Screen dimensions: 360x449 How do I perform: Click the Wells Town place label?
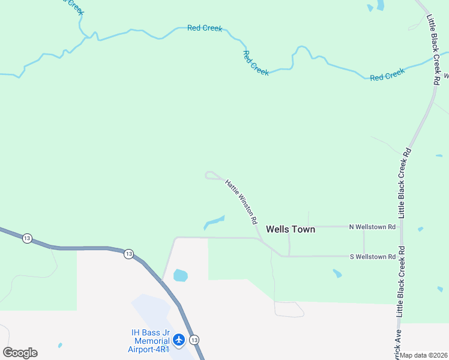290,229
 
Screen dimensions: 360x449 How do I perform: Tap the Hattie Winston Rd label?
241,201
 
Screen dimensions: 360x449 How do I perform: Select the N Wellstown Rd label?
372,227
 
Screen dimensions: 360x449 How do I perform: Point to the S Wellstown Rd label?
372,257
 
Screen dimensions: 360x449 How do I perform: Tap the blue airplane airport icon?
179,340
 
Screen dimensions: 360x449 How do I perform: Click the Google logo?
20,353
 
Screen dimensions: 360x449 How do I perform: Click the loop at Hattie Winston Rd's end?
211,175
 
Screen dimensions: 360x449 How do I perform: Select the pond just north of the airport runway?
180,275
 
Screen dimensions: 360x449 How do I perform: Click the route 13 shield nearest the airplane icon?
194,340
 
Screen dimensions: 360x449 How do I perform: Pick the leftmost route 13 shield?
27,239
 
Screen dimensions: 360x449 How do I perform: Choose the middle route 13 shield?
128,254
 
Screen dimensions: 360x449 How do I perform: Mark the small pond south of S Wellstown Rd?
337,274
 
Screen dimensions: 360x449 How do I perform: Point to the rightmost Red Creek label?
387,75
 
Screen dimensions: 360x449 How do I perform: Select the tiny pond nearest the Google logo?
59,346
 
